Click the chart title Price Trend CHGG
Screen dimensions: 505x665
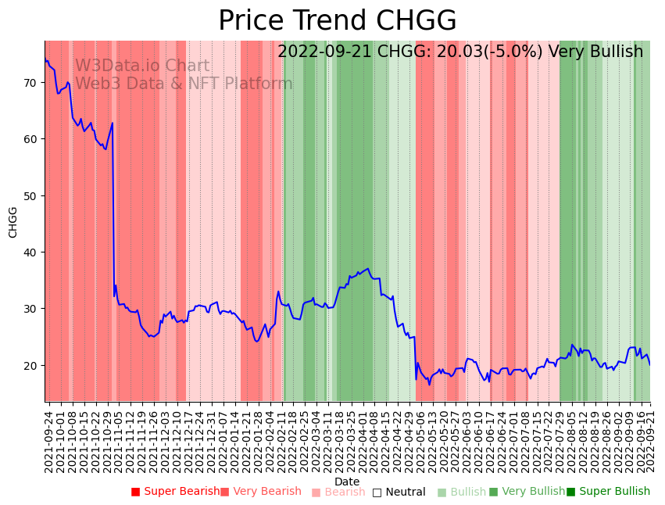337,21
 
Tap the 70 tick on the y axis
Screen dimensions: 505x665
30,82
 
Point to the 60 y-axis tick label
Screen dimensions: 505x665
30,139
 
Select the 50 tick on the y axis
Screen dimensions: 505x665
30,195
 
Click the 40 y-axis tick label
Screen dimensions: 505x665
30,252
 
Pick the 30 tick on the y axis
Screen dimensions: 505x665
30,309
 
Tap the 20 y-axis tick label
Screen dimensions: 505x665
30,365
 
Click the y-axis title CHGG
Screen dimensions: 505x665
13,222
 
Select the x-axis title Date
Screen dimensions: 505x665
347,482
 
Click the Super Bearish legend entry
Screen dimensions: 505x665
175,492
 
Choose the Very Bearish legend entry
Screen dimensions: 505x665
260,492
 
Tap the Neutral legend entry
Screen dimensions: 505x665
399,492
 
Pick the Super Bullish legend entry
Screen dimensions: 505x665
608,492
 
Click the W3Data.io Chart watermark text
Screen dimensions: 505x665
142,66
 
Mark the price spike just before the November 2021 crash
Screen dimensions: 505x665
113,123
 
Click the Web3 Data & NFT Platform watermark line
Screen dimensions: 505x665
184,84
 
